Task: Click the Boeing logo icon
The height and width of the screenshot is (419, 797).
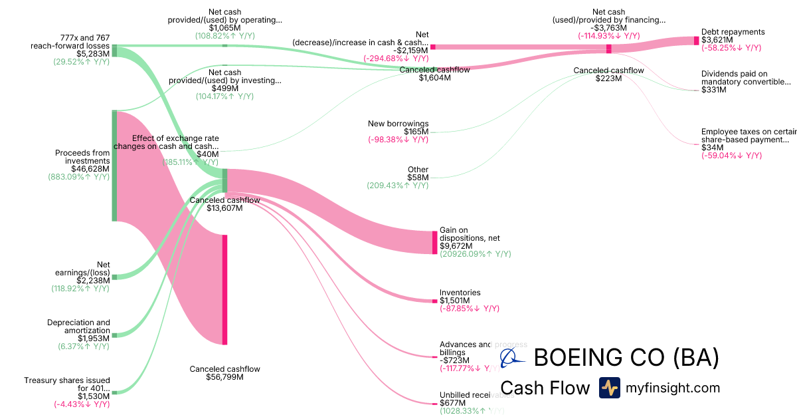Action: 512,358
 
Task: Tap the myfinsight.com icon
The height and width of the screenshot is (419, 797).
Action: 609,388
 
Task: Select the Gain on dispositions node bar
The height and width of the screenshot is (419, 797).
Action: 435,242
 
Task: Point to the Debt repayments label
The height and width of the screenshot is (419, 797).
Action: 733,32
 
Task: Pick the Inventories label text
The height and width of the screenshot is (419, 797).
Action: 460,293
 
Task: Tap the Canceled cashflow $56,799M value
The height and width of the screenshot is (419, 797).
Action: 225,377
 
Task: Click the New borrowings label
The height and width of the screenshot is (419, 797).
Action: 398,124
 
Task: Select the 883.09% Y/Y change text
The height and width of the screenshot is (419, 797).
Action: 78,178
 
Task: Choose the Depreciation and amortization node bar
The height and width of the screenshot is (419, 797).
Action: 114,335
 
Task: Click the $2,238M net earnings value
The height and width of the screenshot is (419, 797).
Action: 94,280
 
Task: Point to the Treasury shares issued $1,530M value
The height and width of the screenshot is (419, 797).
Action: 94,396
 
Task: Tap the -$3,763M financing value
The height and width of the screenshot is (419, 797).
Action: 608,28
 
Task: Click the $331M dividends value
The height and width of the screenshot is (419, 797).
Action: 713,90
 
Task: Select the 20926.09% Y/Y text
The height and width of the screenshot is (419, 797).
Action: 475,254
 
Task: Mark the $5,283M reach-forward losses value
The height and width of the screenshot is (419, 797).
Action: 93,54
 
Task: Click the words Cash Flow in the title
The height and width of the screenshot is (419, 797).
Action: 545,388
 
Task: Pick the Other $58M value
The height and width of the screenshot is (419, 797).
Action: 418,178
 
